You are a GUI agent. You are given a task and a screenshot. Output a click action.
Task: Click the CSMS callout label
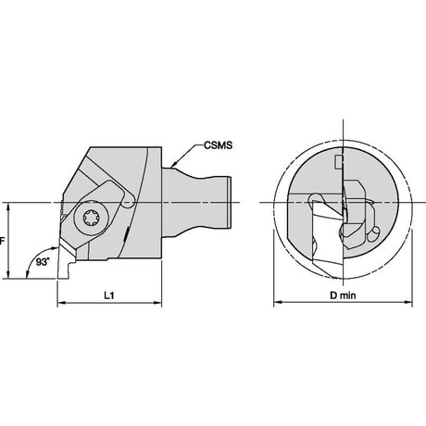(x=218, y=145)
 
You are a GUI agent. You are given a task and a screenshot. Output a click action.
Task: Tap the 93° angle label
(x=43, y=262)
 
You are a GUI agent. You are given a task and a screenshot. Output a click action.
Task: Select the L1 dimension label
(x=109, y=295)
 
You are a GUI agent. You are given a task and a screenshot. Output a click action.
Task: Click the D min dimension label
(x=343, y=295)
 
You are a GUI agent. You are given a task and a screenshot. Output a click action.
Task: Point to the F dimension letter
(x=2, y=241)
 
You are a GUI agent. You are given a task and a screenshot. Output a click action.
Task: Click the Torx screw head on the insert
(x=92, y=218)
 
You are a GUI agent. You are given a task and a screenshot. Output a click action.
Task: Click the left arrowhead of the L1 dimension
(x=61, y=303)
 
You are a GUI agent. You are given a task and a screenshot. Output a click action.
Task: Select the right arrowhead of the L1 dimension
(x=157, y=303)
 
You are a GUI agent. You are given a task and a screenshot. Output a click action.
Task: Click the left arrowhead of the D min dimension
(x=278, y=302)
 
